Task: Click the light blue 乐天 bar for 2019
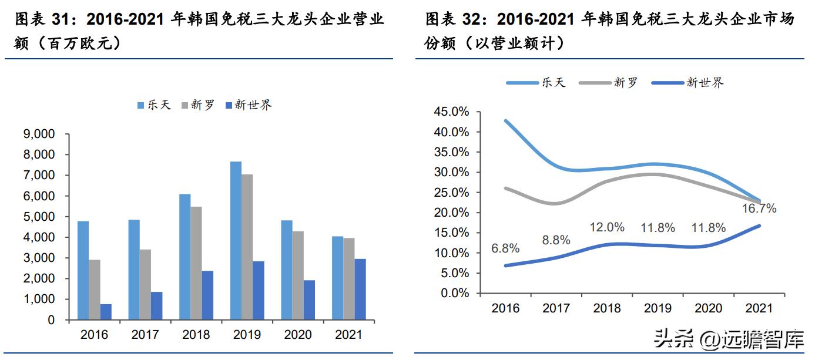click(236, 241)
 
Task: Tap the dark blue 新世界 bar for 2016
click(106, 312)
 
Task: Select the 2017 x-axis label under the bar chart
click(145, 335)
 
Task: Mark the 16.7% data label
click(759, 208)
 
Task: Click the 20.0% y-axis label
click(451, 213)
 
